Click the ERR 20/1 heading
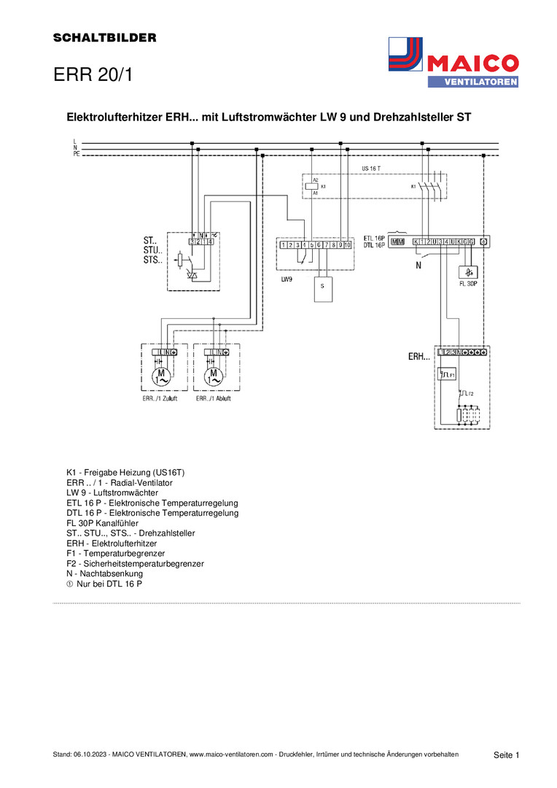(x=93, y=74)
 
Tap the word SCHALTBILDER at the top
(x=105, y=38)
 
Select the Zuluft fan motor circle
(x=160, y=377)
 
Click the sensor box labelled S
(x=322, y=289)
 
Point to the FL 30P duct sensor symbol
(x=467, y=273)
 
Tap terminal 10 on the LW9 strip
(x=348, y=245)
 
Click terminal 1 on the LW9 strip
(x=283, y=245)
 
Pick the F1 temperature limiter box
(x=447, y=375)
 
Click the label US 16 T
(x=371, y=168)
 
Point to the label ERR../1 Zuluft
(x=160, y=399)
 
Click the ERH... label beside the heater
(x=418, y=358)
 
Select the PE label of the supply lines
(x=76, y=155)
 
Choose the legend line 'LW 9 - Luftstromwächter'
(x=112, y=493)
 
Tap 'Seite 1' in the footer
(x=506, y=754)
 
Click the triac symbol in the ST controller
(x=193, y=276)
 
